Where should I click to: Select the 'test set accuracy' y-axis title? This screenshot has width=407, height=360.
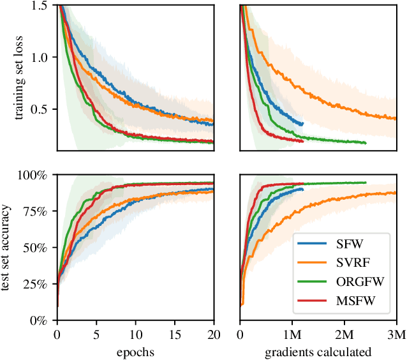point(8,247)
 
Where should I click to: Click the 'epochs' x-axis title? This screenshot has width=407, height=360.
point(135,351)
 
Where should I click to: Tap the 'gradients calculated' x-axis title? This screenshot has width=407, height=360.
point(318,351)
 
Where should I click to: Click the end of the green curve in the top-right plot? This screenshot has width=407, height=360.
point(366,143)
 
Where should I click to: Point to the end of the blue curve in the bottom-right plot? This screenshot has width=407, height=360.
point(302,189)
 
